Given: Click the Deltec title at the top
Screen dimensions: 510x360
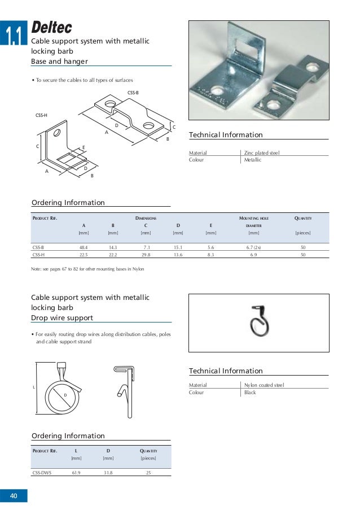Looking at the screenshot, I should tap(52, 27).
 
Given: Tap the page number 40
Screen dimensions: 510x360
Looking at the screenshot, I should tap(14, 496).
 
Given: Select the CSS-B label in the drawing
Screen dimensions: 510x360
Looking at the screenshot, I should tap(133, 91).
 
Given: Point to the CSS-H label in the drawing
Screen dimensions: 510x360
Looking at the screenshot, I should tap(41, 115).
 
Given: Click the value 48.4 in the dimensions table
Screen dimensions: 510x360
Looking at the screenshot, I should tap(84, 247).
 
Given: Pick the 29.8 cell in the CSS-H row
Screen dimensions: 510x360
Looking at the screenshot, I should tap(146, 255).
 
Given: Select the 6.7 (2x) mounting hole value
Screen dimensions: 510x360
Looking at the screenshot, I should tap(253, 247).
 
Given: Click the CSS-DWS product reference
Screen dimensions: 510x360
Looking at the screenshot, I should tap(42, 472).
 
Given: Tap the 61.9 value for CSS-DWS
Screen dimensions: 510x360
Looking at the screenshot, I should tap(76, 472).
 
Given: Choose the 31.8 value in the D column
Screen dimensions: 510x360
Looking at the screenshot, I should tap(108, 472).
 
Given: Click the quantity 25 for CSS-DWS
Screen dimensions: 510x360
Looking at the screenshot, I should tap(148, 472).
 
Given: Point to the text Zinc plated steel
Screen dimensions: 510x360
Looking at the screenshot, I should tap(261, 153).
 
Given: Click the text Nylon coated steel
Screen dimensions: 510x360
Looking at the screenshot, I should tap(264, 385).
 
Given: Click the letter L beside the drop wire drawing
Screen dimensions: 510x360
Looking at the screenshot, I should tap(34, 387).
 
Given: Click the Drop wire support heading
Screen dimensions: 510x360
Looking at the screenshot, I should tap(62, 318).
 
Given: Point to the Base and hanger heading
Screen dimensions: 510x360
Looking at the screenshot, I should tap(59, 61).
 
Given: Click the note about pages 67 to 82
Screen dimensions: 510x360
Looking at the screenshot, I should tap(87, 269).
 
